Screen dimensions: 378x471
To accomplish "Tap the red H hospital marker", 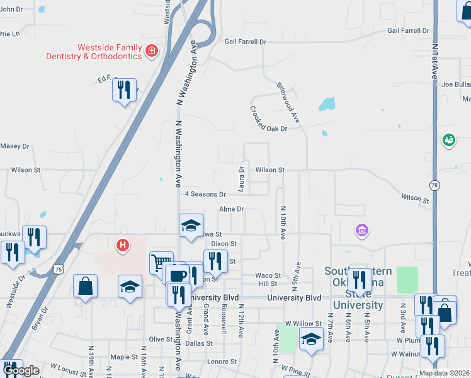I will pyautogui.click(x=123, y=244).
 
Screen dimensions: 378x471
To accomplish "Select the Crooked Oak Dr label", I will pyautogui.click(x=268, y=119).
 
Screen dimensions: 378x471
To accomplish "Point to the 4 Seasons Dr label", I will pyautogui.click(x=205, y=194).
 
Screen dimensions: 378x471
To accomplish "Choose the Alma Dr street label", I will pyautogui.click(x=231, y=209).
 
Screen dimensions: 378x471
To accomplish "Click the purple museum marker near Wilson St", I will pyautogui.click(x=361, y=231).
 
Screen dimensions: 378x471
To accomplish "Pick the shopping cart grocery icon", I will pyautogui.click(x=161, y=262).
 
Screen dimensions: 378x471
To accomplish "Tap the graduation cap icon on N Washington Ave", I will pyautogui.click(x=191, y=226).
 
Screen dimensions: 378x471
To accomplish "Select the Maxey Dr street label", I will pyautogui.click(x=14, y=146).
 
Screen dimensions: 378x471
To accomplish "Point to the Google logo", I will pyautogui.click(x=21, y=370).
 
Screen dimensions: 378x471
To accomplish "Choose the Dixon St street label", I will pyautogui.click(x=224, y=243).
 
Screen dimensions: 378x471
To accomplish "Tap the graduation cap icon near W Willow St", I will pyautogui.click(x=311, y=339).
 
